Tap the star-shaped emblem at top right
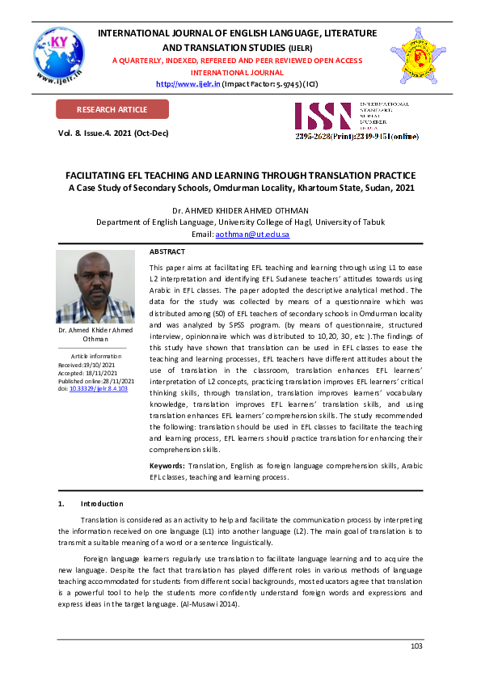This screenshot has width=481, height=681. [x=419, y=56]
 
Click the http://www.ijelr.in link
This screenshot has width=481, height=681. [x=188, y=83]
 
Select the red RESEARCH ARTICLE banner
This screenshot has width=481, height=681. [x=112, y=109]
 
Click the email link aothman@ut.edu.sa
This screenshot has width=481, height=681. [x=252, y=234]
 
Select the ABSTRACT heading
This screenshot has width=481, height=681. [x=167, y=252]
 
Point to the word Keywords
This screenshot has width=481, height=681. [x=167, y=466]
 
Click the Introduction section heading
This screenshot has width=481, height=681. [x=102, y=504]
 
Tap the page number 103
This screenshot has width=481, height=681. [x=416, y=645]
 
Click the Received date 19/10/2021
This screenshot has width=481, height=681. [x=95, y=365]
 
